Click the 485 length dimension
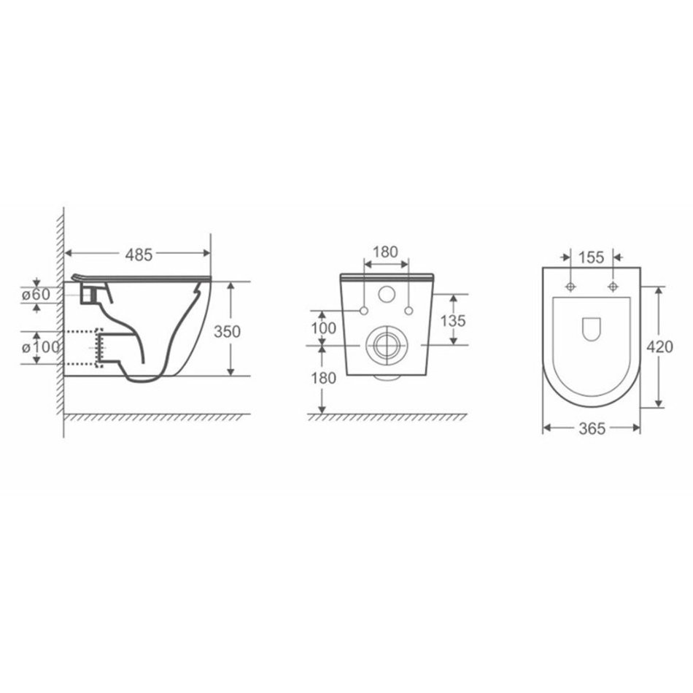coord(139,255)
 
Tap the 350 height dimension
coord(227,331)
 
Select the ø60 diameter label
coord(36,294)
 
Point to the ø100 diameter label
coord(41,347)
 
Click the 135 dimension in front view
coord(453,320)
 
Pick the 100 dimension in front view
coord(323,328)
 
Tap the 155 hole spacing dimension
coord(592,258)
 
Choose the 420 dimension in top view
coord(660,347)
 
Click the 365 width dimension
coord(592,427)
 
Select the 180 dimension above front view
coord(385,252)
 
